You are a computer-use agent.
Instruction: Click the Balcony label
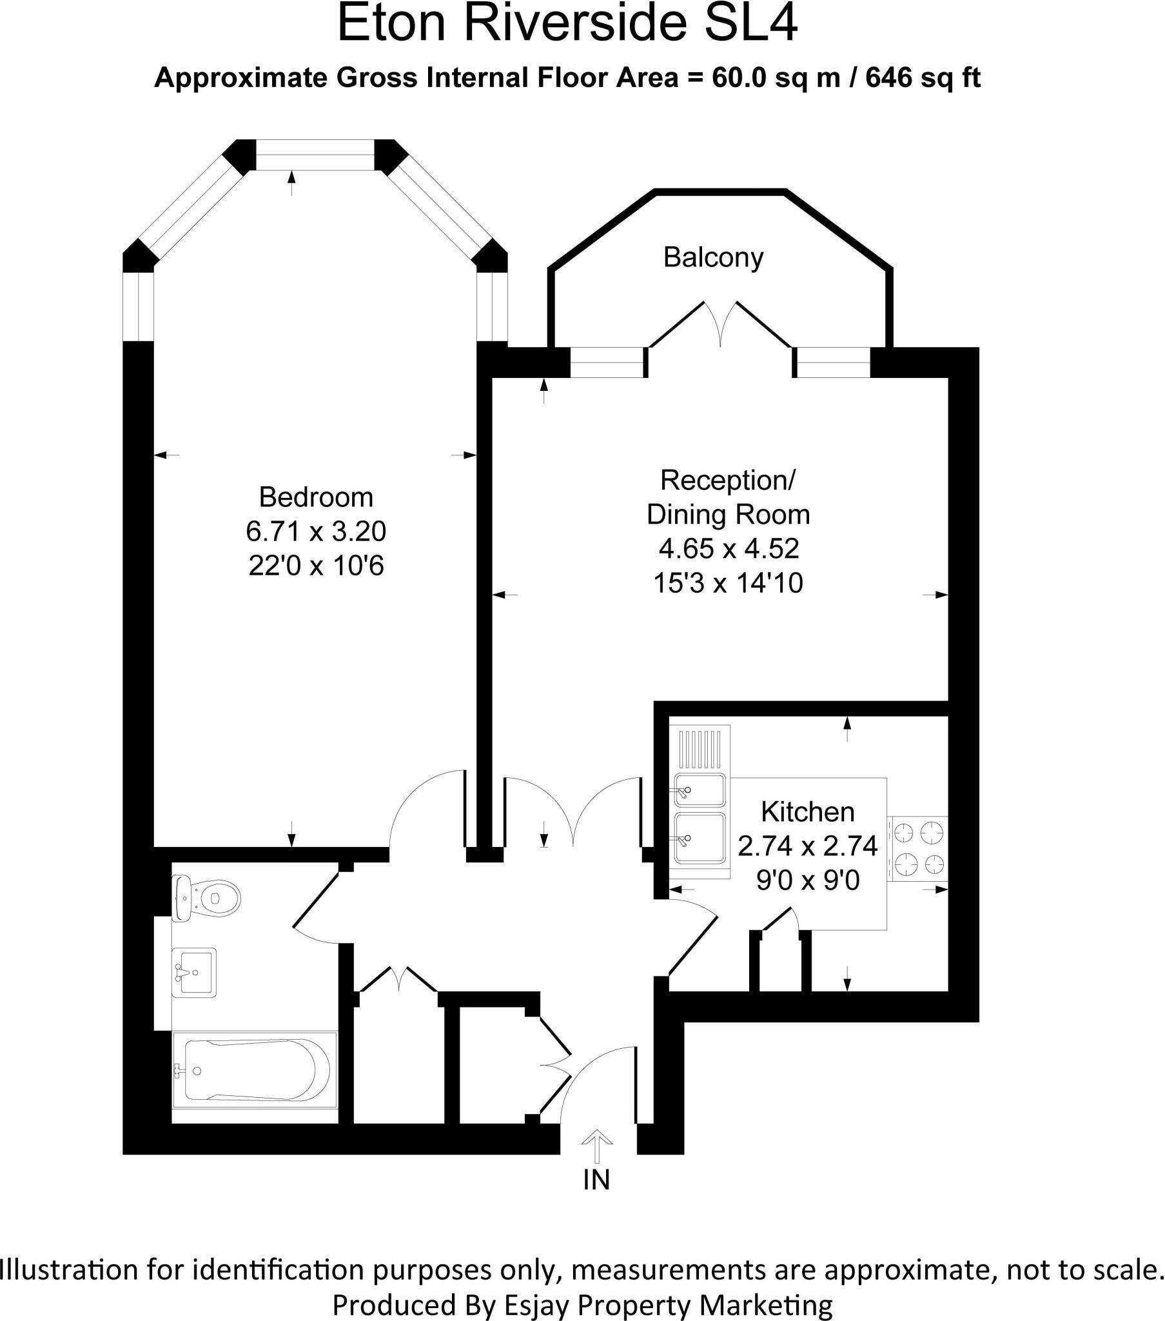pos(712,258)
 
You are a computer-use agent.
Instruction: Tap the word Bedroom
pos(316,498)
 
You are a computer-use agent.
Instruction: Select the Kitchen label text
pos(807,811)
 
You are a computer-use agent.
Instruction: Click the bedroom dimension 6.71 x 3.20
pos(316,532)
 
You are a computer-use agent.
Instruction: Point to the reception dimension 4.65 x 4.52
pos(729,549)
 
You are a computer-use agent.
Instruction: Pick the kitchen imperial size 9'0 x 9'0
pos(808,880)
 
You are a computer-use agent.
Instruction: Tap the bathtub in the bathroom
pos(254,1069)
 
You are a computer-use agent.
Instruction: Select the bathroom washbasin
pos(195,972)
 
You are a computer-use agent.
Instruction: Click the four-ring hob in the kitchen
pos(917,849)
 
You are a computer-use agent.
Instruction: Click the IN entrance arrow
pos(596,1146)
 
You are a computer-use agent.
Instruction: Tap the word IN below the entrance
pos(596,1180)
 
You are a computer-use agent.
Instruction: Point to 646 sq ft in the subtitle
pos(923,78)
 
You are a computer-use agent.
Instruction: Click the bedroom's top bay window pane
pos(315,155)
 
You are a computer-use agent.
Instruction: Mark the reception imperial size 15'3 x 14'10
pos(729,584)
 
